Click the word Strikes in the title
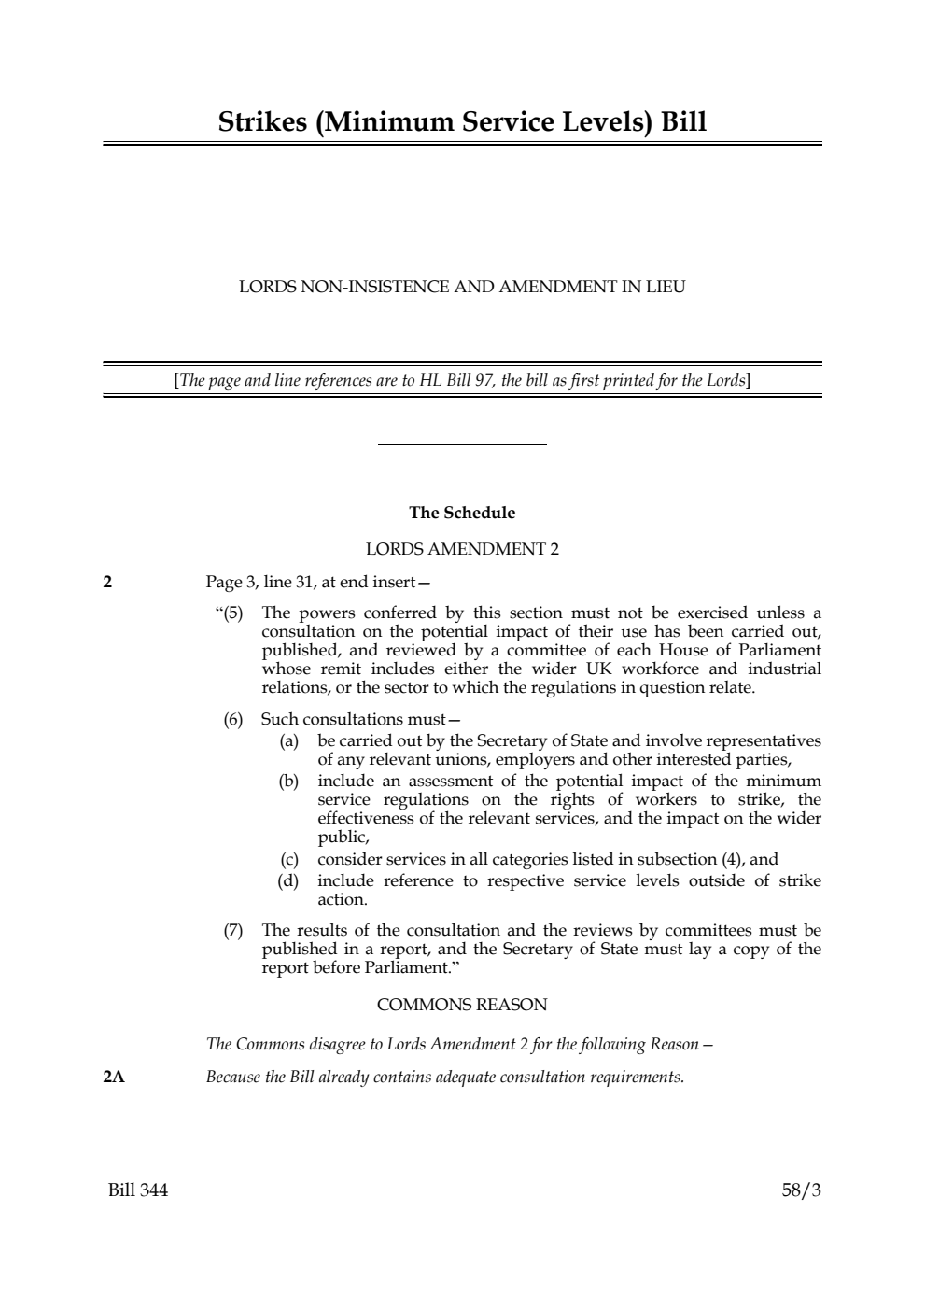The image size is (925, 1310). tap(262, 122)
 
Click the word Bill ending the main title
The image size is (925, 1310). tap(682, 122)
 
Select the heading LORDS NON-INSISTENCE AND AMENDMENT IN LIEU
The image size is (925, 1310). tap(462, 287)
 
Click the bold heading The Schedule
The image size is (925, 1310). tap(462, 513)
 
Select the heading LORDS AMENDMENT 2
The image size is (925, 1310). tap(462, 549)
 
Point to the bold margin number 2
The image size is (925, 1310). tap(107, 583)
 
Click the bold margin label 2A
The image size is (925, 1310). tap(113, 1078)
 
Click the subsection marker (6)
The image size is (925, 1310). tap(232, 719)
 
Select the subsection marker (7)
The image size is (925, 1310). tap(232, 930)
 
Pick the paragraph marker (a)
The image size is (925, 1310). tap(288, 740)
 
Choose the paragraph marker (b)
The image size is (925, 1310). tap(288, 781)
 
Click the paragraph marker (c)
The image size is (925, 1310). tap(288, 859)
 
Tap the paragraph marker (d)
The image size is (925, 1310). tap(288, 880)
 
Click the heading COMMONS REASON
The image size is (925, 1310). tap(462, 1005)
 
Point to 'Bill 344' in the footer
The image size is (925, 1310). tap(138, 1190)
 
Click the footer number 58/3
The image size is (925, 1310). tap(801, 1190)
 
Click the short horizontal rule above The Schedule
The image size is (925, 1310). tap(462, 445)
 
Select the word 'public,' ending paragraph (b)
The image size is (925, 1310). tap(343, 838)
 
